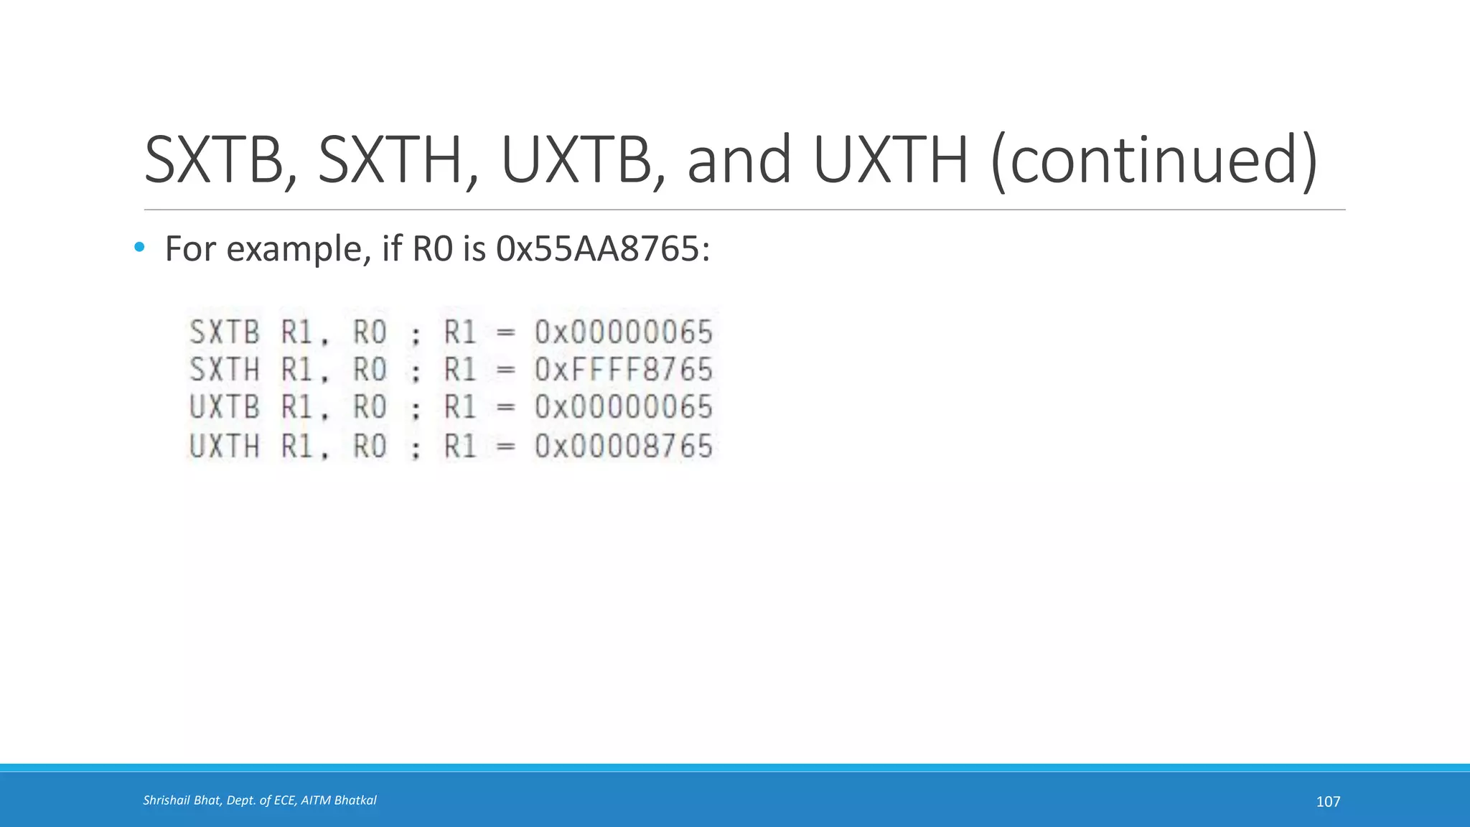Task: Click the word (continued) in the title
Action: coord(1154,161)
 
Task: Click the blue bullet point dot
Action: coord(139,248)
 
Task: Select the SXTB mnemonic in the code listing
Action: coord(224,332)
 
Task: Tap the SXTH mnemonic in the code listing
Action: coord(224,370)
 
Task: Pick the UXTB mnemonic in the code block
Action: coord(224,408)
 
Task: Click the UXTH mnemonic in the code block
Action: coord(224,447)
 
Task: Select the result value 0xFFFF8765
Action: coord(623,370)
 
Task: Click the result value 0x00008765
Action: coord(623,447)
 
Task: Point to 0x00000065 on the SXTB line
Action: coord(623,332)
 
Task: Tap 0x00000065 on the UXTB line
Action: coord(623,408)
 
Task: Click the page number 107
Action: coord(1328,802)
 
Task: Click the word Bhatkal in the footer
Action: coord(357,800)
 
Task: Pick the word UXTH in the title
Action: coord(891,159)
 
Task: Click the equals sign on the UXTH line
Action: coord(506,447)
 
